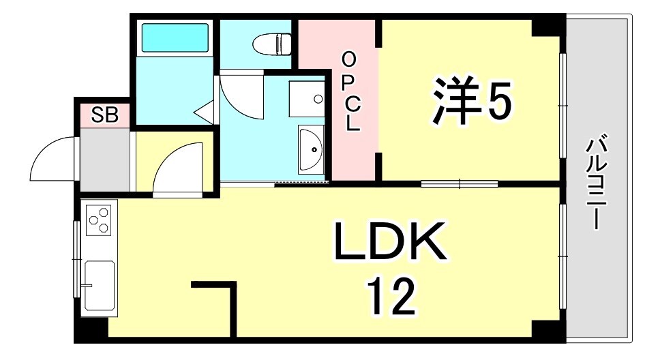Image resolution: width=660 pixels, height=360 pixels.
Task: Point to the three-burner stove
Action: pos(99,218)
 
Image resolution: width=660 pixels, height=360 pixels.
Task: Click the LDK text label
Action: pos(389,243)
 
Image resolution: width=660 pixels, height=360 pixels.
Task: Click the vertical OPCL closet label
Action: pos(349,92)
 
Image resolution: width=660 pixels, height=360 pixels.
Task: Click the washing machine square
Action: pos(306,100)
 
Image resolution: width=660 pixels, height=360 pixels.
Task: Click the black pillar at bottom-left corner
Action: pos(91,328)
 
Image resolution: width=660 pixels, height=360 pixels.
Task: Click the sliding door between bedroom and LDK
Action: pos(459,183)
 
